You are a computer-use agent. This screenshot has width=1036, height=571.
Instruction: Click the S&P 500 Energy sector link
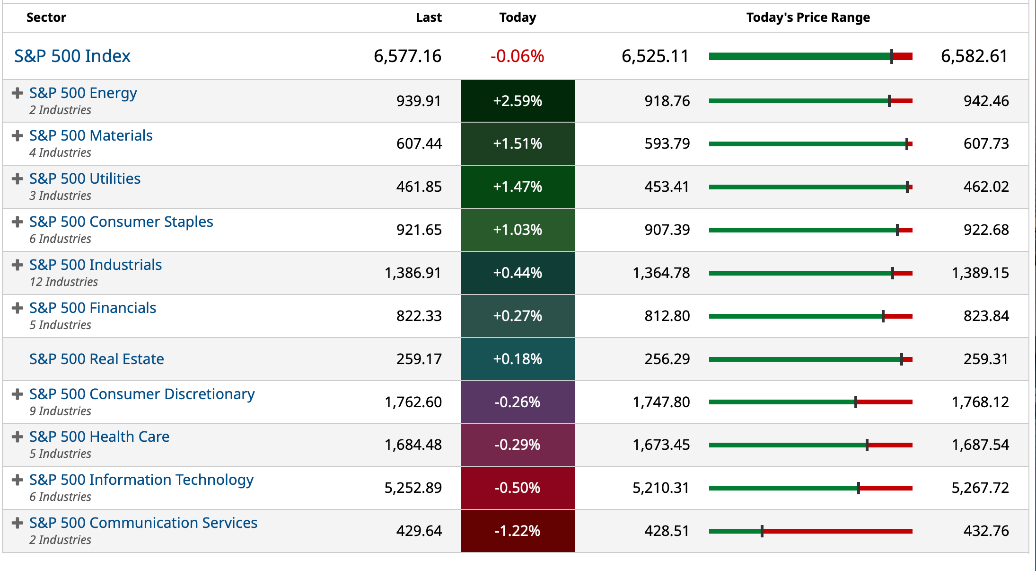[83, 93]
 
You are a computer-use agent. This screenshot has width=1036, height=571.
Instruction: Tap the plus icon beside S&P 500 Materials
[18, 136]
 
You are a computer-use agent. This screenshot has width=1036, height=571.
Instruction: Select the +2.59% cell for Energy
[518, 101]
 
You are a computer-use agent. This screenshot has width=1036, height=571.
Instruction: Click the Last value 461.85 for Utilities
[419, 187]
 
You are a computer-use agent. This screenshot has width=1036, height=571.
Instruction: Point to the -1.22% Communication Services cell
[518, 531]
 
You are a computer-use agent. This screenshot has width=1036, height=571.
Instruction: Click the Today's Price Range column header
[808, 18]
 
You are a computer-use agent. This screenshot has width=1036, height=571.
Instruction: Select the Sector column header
[46, 18]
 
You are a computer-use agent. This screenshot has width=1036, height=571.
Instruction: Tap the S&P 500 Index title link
[72, 56]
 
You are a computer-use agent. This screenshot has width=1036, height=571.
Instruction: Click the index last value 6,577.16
[407, 56]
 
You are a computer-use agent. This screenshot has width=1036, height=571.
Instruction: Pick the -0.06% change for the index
[517, 56]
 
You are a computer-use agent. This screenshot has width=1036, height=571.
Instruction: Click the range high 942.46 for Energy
[986, 101]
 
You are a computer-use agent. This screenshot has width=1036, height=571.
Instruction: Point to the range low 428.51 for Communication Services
[667, 531]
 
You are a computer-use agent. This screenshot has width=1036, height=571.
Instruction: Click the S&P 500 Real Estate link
[97, 359]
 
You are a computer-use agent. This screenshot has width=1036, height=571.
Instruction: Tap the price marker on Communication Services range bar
[762, 531]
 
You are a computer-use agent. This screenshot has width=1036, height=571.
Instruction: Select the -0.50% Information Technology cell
[518, 488]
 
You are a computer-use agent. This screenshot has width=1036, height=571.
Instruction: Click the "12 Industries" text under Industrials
[64, 282]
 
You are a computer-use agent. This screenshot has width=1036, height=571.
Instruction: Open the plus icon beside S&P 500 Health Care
[18, 437]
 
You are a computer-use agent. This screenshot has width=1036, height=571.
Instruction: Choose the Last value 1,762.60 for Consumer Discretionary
[413, 402]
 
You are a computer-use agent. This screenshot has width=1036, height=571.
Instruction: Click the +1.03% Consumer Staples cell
[518, 230]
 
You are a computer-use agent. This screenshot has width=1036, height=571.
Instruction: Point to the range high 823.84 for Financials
[986, 316]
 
